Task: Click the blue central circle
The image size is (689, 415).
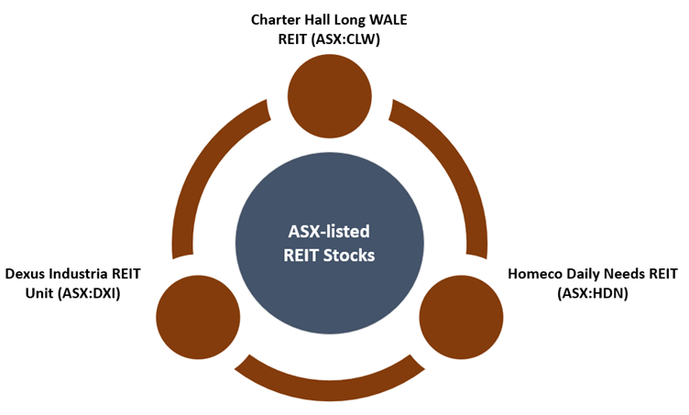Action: click(x=330, y=243)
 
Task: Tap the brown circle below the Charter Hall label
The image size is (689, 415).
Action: click(x=330, y=96)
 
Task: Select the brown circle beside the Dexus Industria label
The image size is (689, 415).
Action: click(x=198, y=317)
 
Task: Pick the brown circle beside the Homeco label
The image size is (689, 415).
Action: click(x=462, y=317)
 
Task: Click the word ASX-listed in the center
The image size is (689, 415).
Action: click(x=329, y=232)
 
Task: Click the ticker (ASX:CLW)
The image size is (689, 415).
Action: click(x=344, y=39)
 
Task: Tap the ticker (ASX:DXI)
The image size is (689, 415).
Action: click(x=89, y=293)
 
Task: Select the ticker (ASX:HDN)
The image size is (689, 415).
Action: click(x=593, y=293)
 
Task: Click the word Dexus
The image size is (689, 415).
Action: click(x=25, y=274)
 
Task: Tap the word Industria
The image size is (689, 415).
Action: click(x=78, y=274)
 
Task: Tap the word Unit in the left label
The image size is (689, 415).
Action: click(x=39, y=293)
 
